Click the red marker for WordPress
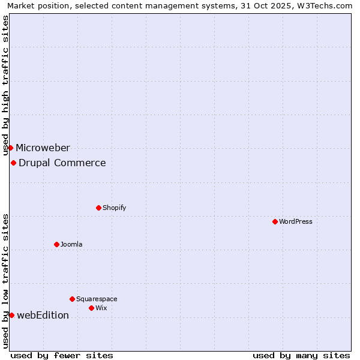[x=275, y=221]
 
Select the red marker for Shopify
[x=98, y=208]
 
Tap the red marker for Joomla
[x=56, y=244]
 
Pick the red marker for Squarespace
[x=72, y=299]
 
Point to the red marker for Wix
[x=91, y=308]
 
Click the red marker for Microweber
[x=10, y=148]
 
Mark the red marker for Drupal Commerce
[x=13, y=163]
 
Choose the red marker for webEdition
[x=11, y=315]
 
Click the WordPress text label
[x=296, y=221]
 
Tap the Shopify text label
[x=114, y=208]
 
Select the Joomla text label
[x=71, y=244]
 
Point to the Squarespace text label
[x=97, y=299]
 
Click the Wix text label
[x=101, y=308]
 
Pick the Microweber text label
[x=43, y=148]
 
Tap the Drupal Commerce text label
[x=62, y=163]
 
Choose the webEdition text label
[x=43, y=315]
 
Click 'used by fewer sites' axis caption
[x=62, y=355]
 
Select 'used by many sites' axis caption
[x=301, y=355]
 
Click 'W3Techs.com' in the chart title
[x=327, y=5]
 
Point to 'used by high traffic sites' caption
[x=5, y=85]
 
